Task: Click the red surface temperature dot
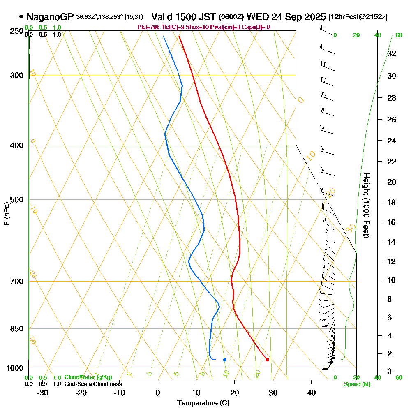pyautogui.click(x=267, y=360)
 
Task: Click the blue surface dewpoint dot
pyautogui.click(x=225, y=360)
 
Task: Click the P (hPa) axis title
pyautogui.click(x=6, y=214)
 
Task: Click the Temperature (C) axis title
pyautogui.click(x=203, y=403)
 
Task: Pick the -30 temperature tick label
pyautogui.click(x=42, y=393)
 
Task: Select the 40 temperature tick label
pyautogui.click(x=311, y=393)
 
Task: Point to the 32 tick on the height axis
pyautogui.click(x=391, y=53)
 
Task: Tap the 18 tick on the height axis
pyautogui.click(x=391, y=202)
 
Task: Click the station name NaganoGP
pyautogui.click(x=50, y=17)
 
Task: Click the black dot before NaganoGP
pyautogui.click(x=21, y=17)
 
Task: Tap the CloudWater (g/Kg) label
pyautogui.click(x=88, y=377)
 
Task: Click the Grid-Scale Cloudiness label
pyautogui.click(x=92, y=384)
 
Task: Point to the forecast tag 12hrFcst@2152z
pyautogui.click(x=358, y=17)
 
